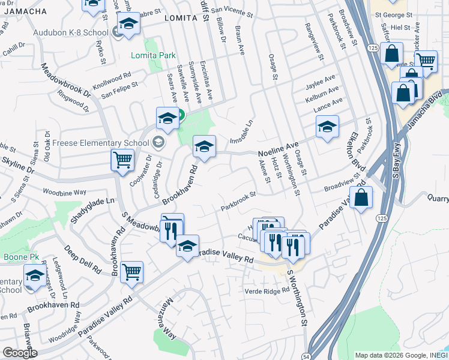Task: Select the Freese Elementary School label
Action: (100, 143)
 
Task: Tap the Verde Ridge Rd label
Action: (267, 291)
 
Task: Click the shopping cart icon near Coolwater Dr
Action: (122, 160)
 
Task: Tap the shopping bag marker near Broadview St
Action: (361, 197)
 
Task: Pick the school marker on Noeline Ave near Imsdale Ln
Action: (204, 146)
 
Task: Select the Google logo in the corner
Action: (20, 353)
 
